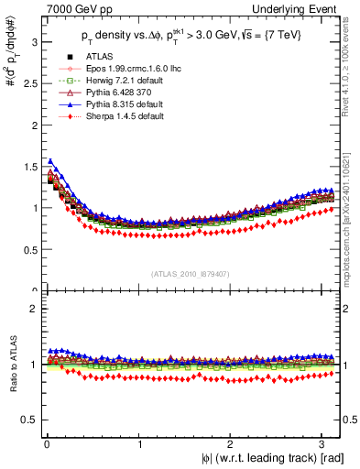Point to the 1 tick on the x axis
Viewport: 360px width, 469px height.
tap(140, 444)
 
